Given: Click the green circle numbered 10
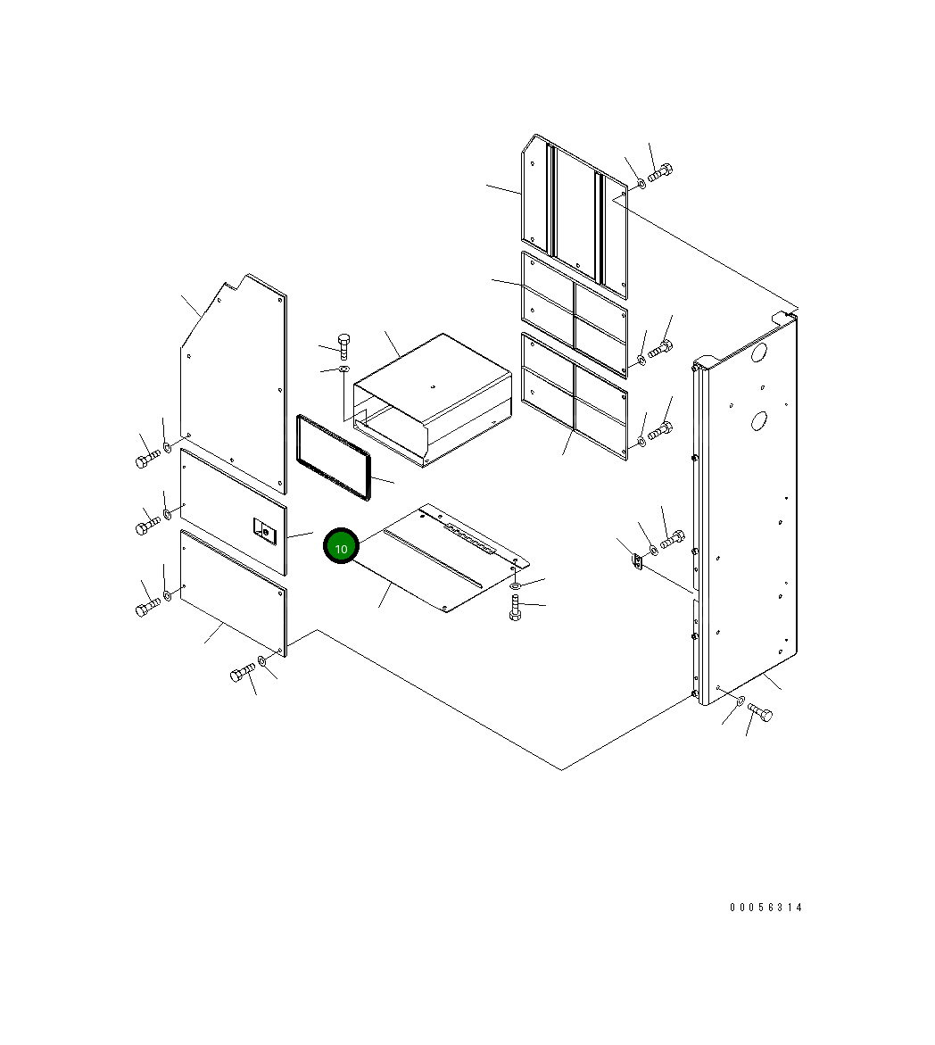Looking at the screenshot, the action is (341, 546).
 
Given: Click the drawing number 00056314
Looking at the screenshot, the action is (765, 907).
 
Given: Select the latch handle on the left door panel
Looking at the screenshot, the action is (264, 530).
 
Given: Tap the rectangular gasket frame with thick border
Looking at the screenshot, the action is (333, 457).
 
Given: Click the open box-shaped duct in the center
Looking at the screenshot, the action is (433, 399).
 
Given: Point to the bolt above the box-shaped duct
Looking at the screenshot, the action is (344, 345).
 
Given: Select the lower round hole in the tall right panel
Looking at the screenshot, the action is (758, 420).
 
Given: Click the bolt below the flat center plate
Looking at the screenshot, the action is (515, 607).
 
